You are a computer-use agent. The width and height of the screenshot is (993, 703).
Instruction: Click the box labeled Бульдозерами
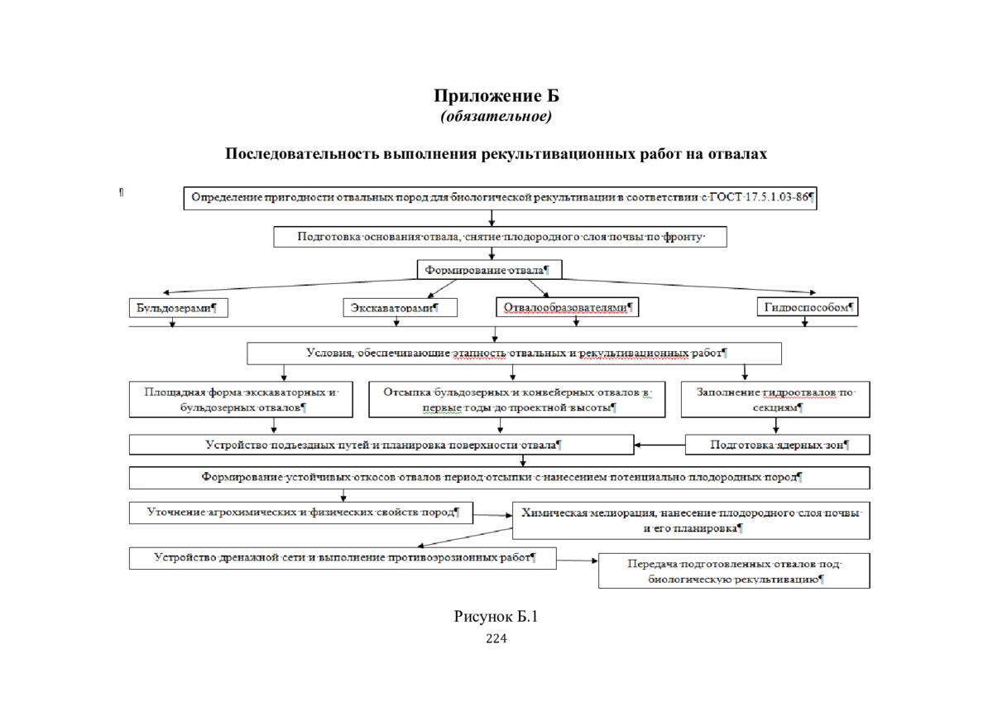[179, 308]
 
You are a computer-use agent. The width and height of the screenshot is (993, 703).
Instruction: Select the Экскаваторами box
[400, 307]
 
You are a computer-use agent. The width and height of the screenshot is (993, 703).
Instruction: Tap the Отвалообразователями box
[567, 307]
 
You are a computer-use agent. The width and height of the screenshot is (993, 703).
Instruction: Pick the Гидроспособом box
[808, 306]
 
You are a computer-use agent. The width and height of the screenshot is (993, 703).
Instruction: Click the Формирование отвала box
[489, 270]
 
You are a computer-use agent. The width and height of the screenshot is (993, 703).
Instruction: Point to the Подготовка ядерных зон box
[777, 445]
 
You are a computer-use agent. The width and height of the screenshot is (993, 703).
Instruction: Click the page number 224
[496, 638]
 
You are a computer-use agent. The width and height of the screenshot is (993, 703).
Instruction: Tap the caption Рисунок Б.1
[496, 616]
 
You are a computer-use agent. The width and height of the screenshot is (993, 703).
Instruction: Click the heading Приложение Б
[496, 95]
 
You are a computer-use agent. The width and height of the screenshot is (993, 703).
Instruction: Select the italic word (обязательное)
[496, 116]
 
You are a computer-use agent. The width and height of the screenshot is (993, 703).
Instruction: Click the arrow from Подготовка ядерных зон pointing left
[660, 445]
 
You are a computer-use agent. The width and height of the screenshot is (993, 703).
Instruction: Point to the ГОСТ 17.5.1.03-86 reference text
[759, 197]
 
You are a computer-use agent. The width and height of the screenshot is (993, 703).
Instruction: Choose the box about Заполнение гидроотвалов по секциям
[775, 399]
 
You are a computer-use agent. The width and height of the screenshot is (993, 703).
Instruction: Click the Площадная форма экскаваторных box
[241, 399]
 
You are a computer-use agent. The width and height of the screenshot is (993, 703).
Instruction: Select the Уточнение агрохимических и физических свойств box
[301, 513]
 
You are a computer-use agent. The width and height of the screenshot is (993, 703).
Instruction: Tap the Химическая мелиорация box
[691, 520]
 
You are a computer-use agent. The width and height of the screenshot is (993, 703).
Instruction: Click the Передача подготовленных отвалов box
[734, 571]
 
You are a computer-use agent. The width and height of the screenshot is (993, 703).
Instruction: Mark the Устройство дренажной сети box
[343, 558]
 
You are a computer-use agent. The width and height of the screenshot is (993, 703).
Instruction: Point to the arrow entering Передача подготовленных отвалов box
[578, 561]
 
